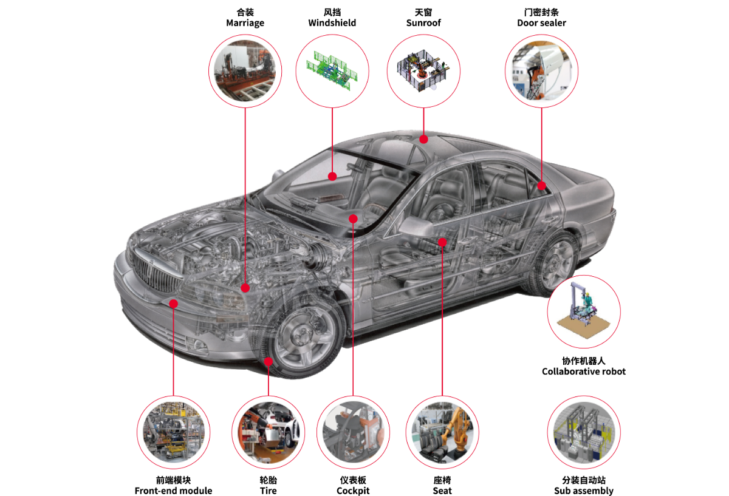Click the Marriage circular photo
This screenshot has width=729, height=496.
245,71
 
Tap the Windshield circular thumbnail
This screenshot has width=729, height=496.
332,71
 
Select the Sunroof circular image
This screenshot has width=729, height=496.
423,71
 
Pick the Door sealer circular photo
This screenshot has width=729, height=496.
541,71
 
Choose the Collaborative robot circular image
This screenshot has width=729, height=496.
584,311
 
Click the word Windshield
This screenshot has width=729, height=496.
332,23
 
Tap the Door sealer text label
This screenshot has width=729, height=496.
541,23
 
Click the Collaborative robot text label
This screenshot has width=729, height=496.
584,372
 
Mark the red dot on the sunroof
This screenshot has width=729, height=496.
424,139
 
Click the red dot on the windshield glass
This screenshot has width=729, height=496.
332,177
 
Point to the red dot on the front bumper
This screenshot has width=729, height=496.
174,303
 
